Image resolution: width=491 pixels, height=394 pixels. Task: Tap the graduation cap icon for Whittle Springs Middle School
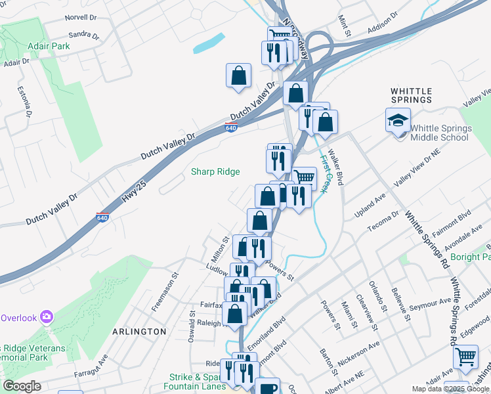pos(398,120)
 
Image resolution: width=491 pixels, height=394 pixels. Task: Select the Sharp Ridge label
pos(215,172)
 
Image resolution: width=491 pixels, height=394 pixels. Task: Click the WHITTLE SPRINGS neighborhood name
pos(411,95)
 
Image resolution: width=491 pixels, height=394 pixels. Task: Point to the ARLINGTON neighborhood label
pos(139,332)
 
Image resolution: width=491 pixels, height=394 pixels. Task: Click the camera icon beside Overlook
pos(47,317)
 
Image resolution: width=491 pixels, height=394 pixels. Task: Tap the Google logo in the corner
pos(22,386)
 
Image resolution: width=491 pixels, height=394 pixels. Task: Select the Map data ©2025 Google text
pos(450,389)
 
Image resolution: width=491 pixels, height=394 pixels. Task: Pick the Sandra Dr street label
pos(83,35)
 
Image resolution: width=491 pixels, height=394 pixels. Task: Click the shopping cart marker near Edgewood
pos(465,357)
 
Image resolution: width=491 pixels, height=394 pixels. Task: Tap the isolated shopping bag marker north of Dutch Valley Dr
pos(238,75)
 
